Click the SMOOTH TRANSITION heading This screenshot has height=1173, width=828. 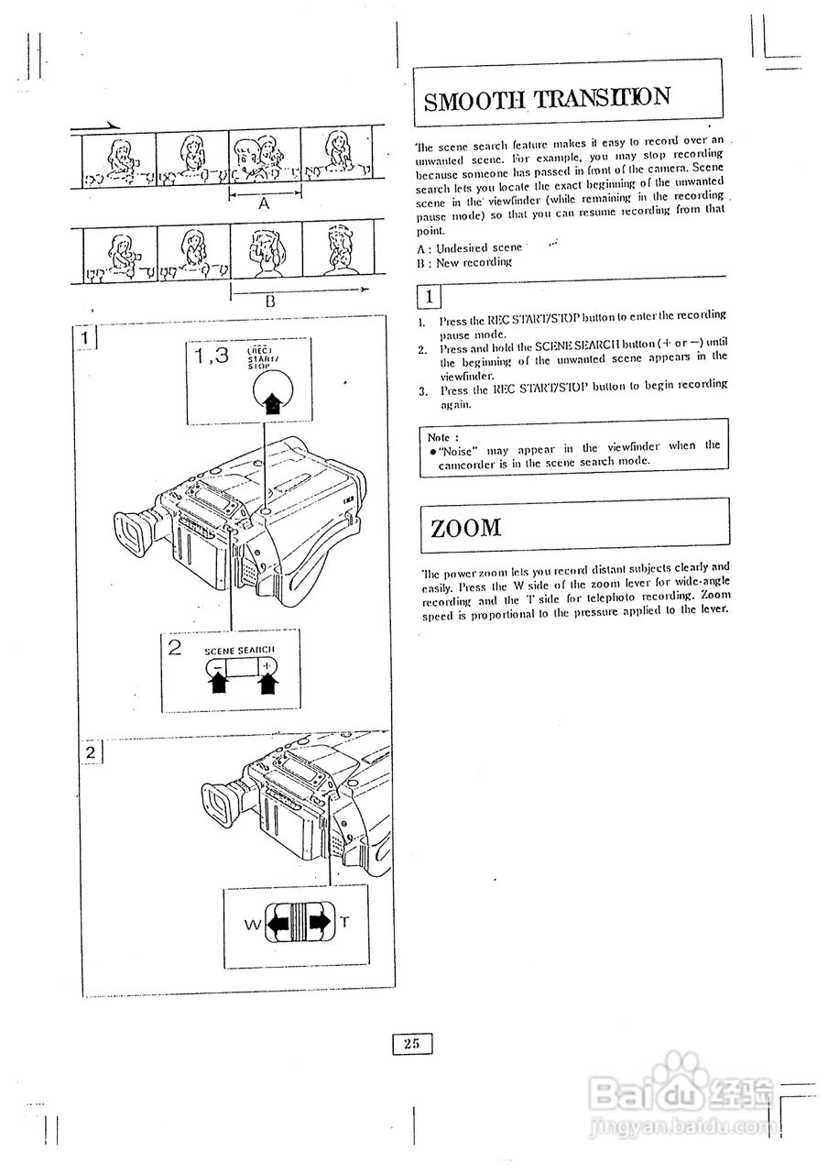pyautogui.click(x=547, y=99)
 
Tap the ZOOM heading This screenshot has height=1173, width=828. pyautogui.click(x=466, y=527)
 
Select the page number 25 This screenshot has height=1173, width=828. pyautogui.click(x=411, y=1043)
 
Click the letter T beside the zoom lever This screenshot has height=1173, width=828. pyautogui.click(x=344, y=923)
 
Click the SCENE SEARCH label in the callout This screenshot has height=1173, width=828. pyautogui.click(x=239, y=649)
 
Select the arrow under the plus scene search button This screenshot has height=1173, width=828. pyautogui.click(x=267, y=683)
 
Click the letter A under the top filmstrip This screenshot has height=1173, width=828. pyautogui.click(x=264, y=205)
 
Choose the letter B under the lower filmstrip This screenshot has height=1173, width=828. pyautogui.click(x=271, y=300)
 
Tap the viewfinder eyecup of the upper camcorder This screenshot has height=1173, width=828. pyautogui.click(x=133, y=535)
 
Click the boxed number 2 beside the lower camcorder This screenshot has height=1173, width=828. pyautogui.click(x=90, y=752)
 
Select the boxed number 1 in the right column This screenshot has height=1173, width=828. pyautogui.click(x=429, y=296)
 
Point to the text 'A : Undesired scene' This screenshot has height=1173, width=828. pyautogui.click(x=469, y=247)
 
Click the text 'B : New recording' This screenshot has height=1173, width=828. pyautogui.click(x=463, y=262)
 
